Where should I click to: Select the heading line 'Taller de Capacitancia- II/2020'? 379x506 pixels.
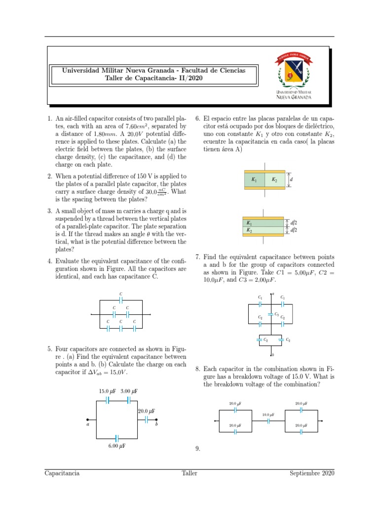pos(153,78)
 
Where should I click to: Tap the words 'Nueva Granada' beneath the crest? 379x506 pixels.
pos(294,97)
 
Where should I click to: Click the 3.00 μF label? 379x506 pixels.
pos(129,391)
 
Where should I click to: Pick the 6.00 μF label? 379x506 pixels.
pos(116,446)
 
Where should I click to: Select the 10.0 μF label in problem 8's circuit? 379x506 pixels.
pos(268,415)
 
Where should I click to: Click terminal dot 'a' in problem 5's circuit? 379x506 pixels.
pos(87,420)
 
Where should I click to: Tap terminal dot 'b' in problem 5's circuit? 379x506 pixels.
pos(156,420)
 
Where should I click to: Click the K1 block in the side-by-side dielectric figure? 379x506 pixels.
pos(254,180)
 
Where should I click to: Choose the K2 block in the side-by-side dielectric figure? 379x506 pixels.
pos(275,180)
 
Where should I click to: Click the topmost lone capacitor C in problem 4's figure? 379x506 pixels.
pos(121,300)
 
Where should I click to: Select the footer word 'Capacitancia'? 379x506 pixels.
pos(62,473)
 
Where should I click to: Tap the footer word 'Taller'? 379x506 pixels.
pos(189,473)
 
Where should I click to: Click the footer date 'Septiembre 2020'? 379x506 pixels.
pos(312,473)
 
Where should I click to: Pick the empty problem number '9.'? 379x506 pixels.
pos(197,449)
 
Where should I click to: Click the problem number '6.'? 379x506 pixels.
pos(197,119)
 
